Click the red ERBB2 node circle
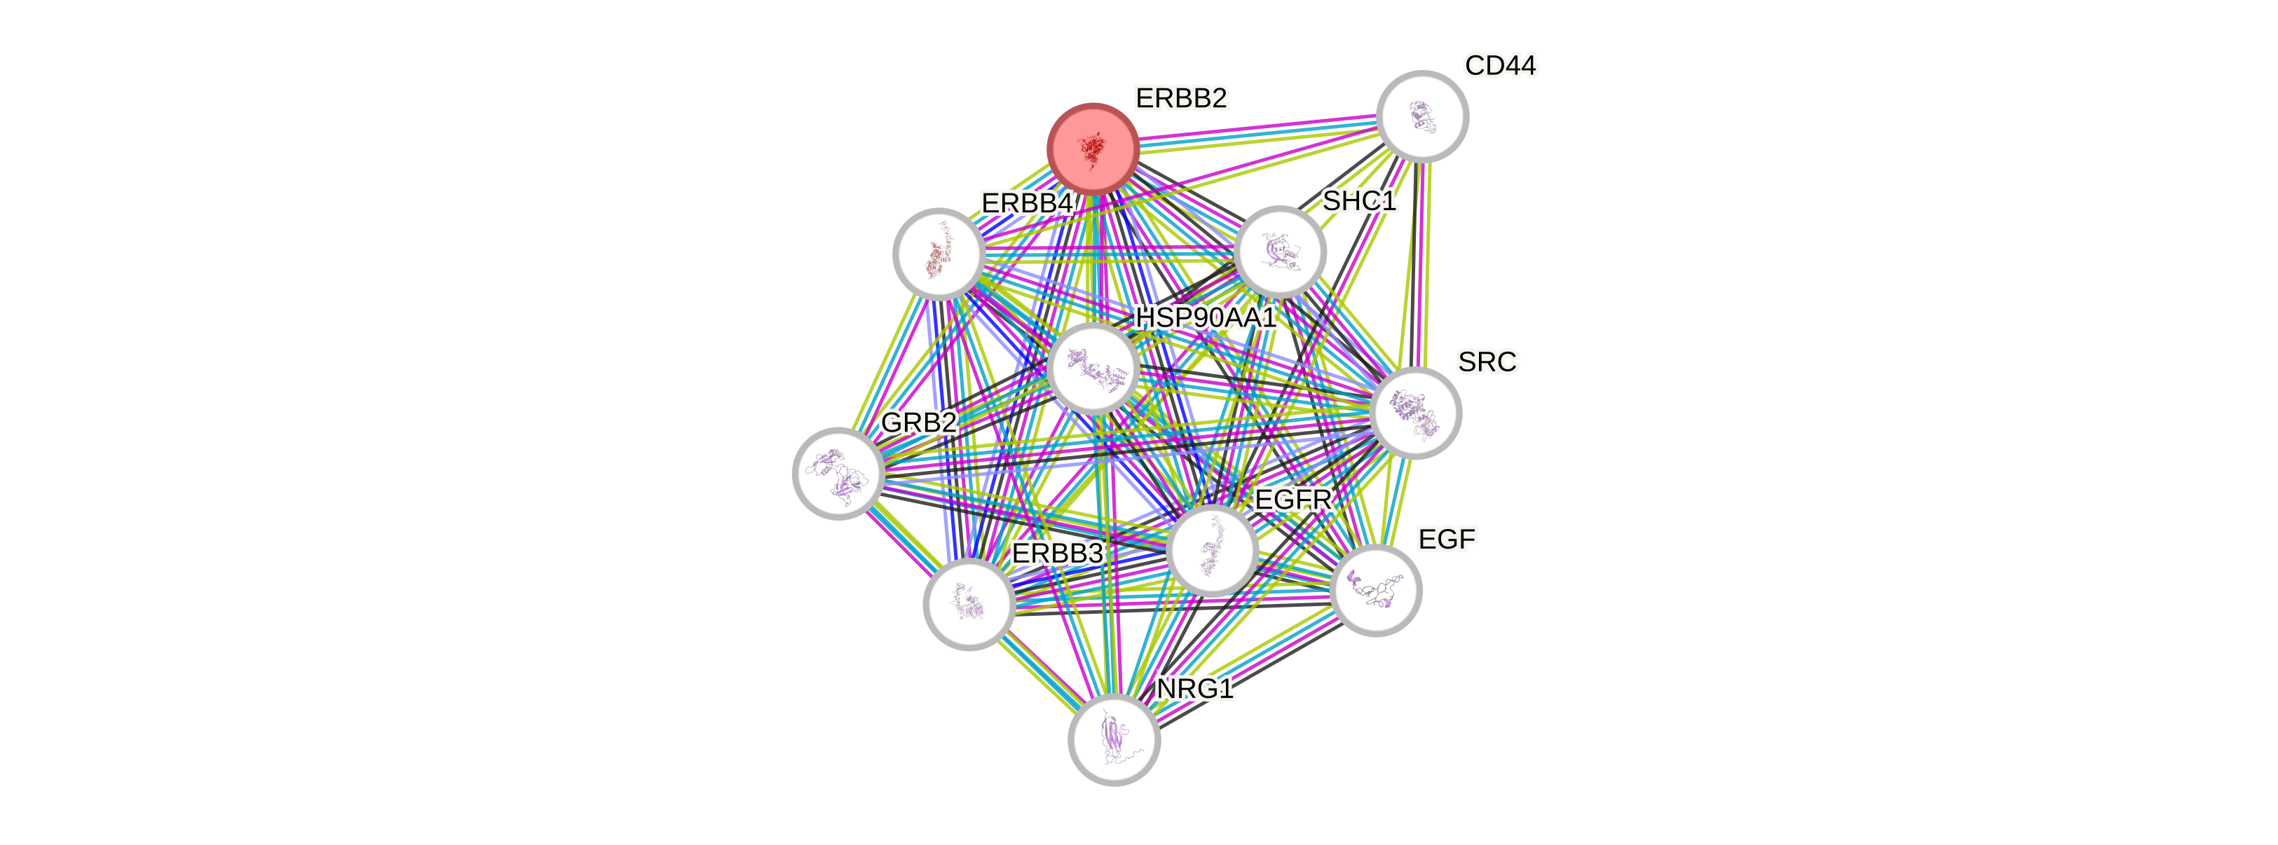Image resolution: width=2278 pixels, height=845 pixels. tap(1092, 149)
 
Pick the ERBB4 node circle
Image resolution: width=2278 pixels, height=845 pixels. tap(939, 254)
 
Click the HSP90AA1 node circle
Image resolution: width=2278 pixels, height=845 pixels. tap(1093, 368)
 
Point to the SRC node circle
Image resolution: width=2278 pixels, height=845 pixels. tap(1415, 413)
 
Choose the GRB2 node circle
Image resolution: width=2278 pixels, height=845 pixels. tap(838, 473)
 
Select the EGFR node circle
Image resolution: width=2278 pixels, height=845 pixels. tap(1211, 550)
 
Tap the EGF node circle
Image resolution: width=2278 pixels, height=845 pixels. tap(1375, 589)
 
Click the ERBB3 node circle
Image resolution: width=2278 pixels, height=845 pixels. tap(969, 604)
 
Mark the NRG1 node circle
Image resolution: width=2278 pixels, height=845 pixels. tap(1113, 739)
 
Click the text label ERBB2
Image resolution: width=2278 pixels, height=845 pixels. tap(1182, 99)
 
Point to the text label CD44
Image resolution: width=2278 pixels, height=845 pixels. tap(1501, 65)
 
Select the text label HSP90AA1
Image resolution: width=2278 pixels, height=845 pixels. tap(1206, 317)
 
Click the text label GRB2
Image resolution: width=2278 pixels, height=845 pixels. tap(919, 422)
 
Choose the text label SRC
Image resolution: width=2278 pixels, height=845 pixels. tap(1487, 362)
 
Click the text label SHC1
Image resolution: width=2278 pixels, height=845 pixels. tap(1359, 202)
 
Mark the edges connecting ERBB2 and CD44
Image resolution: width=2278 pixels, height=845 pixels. tap(1257, 132)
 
